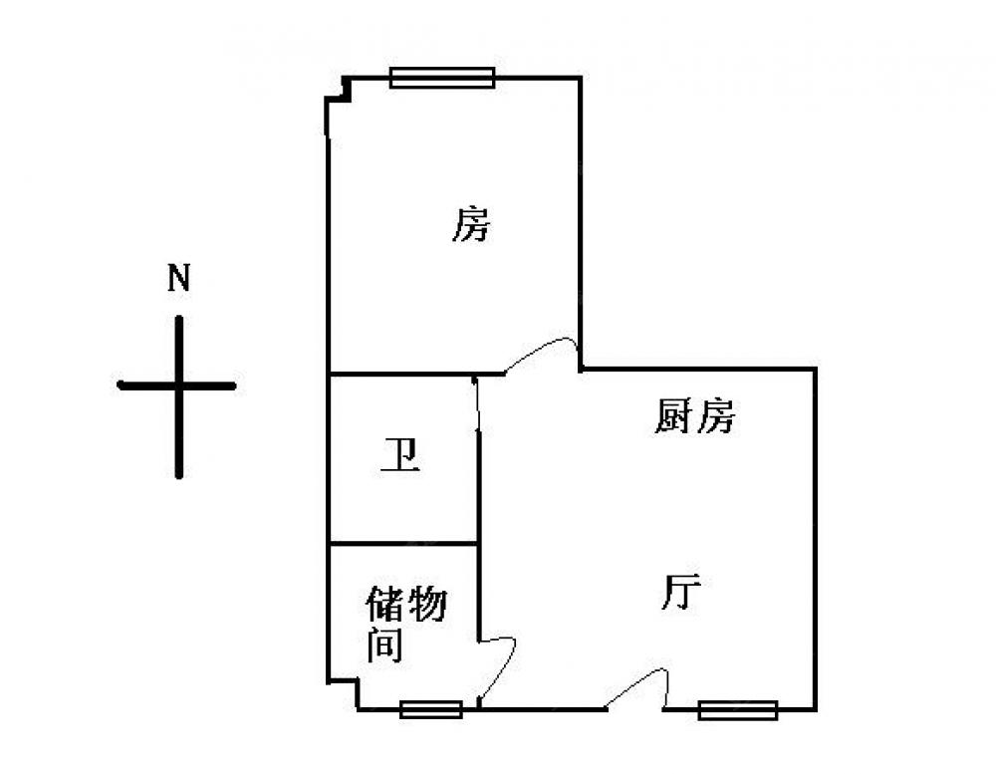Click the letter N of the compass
pos(178,278)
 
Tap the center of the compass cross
pos(179,386)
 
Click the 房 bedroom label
pos(471,225)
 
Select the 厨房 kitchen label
pos(694,415)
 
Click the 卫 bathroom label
pos(400,457)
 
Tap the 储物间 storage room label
pos(404,624)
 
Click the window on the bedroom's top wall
pos(442,78)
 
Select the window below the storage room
pos(430,709)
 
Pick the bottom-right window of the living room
pos(737,709)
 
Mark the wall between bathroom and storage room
pos(403,543)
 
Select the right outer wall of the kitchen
pos(816,538)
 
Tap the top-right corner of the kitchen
pos(816,369)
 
